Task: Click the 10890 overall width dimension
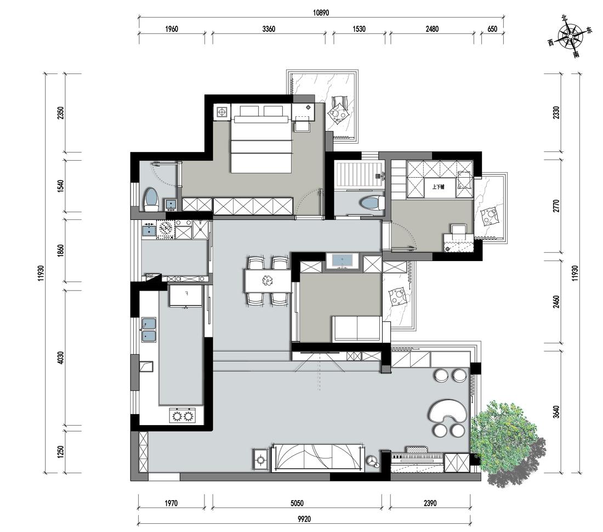click(x=321, y=13)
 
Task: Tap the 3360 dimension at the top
click(x=269, y=29)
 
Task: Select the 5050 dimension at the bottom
click(x=297, y=503)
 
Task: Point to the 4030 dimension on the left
click(x=60, y=358)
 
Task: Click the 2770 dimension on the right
click(x=556, y=206)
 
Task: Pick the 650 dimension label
click(x=492, y=29)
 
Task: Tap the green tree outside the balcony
click(x=507, y=443)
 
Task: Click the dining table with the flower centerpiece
click(x=267, y=281)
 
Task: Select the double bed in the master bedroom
click(x=261, y=138)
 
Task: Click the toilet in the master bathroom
click(x=151, y=200)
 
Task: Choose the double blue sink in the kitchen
click(x=149, y=330)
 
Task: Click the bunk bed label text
click(x=439, y=187)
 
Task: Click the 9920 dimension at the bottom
click(x=304, y=519)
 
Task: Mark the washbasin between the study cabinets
click(x=342, y=262)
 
